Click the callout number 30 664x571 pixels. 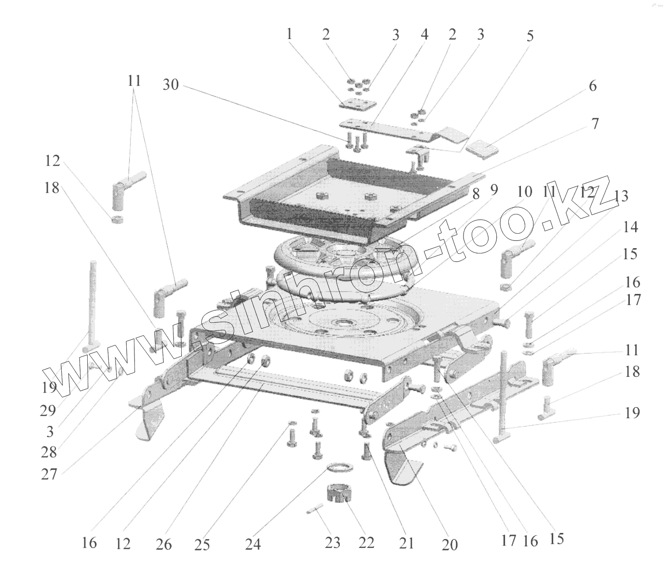[x=171, y=85]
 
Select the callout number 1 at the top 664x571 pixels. [x=289, y=34]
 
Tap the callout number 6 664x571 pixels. [x=592, y=86]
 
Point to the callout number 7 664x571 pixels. [x=595, y=124]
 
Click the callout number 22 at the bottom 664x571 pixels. [x=366, y=543]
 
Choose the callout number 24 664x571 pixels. [x=252, y=544]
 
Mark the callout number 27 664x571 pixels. [x=50, y=475]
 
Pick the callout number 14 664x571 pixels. [x=630, y=227]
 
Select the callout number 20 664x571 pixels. [x=449, y=544]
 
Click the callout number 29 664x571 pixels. [x=48, y=411]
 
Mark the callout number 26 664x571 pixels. [x=164, y=544]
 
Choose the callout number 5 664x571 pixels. [x=530, y=36]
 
